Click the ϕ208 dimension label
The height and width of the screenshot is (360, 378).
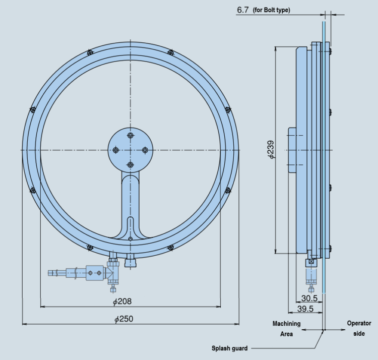tap(122, 302)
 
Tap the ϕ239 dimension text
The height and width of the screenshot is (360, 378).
tap(271, 150)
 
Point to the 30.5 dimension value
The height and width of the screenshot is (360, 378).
tap(309, 298)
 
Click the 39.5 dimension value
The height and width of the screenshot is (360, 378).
tap(304, 309)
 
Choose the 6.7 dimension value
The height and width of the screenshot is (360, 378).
tap(242, 10)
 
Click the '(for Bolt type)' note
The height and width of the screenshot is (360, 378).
tap(272, 10)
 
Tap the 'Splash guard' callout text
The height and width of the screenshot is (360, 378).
tap(229, 348)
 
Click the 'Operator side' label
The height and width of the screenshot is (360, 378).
tap(359, 328)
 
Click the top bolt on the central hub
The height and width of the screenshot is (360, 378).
tap(131, 136)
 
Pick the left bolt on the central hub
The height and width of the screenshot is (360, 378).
tap(115, 150)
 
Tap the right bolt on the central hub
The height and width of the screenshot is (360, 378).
tap(145, 150)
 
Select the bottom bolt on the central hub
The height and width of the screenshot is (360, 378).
tap(131, 165)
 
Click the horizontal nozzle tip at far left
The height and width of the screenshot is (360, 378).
tap(52, 273)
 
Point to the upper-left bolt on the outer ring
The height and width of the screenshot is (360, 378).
tap(90, 52)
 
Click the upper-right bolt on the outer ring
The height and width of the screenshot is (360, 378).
tap(171, 52)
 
